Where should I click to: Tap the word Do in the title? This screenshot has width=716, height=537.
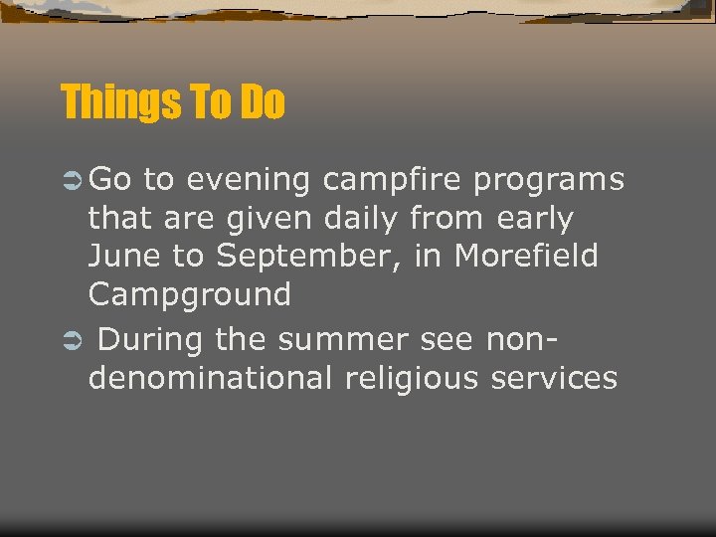tap(262, 102)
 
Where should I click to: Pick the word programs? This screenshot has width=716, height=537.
tap(549, 181)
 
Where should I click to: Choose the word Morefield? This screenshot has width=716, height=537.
tap(526, 256)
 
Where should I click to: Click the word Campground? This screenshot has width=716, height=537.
tap(189, 295)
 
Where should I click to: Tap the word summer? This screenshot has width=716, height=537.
tap(342, 340)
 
